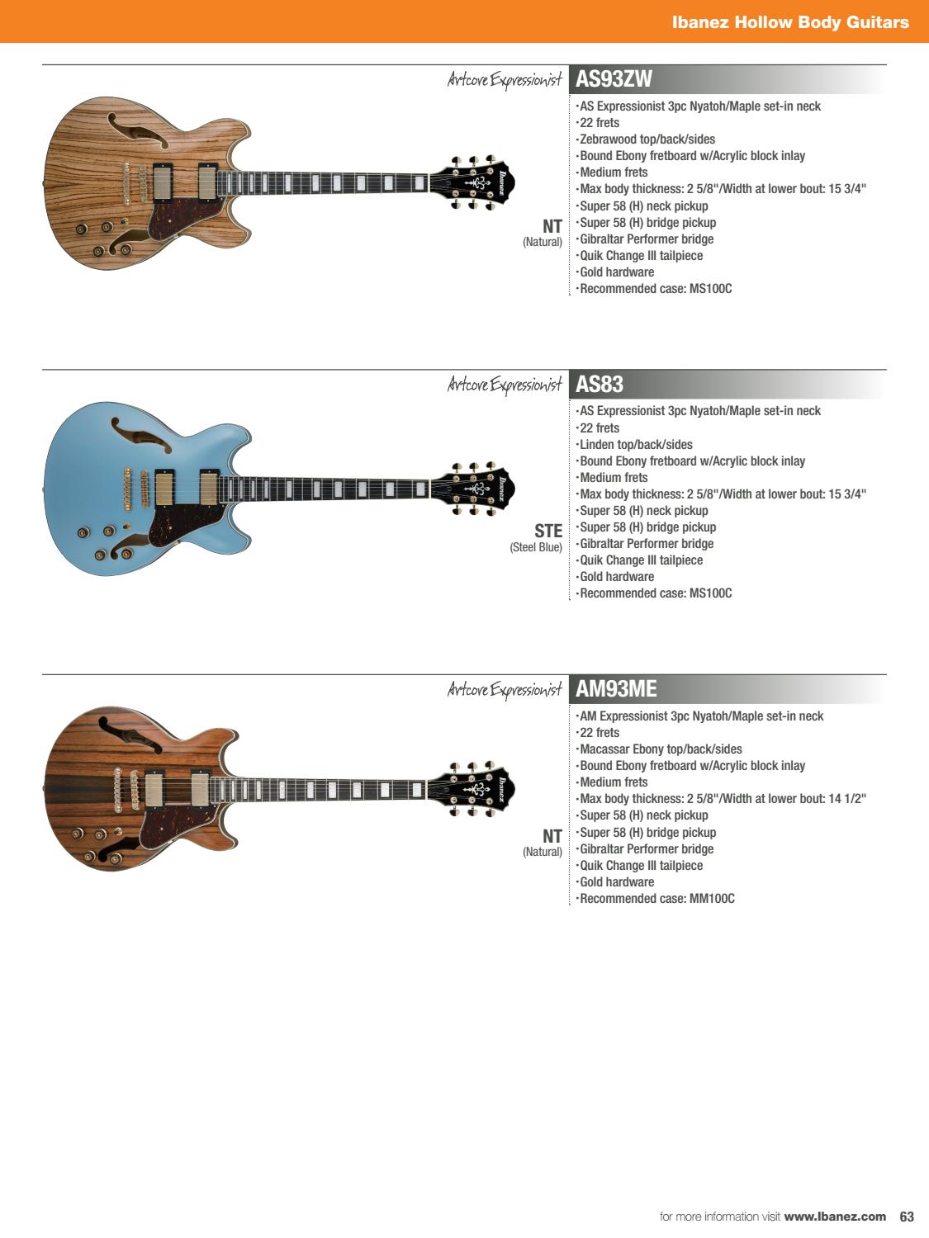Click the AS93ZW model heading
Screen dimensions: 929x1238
tap(614, 79)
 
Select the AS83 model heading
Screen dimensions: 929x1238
tap(599, 384)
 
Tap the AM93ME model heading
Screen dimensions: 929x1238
tap(616, 688)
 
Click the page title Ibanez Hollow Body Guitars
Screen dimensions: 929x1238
tap(790, 22)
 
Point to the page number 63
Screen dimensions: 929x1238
tap(907, 1217)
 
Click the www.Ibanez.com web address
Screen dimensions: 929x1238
tap(835, 1217)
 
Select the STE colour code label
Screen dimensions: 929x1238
tap(548, 531)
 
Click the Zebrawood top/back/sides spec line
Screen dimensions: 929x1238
tap(647, 139)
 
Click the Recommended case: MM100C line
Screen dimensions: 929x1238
tap(656, 899)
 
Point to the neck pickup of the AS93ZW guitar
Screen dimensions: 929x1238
tap(207, 182)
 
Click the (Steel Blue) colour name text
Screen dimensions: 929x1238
tap(536, 547)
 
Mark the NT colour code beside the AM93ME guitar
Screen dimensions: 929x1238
tap(552, 836)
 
